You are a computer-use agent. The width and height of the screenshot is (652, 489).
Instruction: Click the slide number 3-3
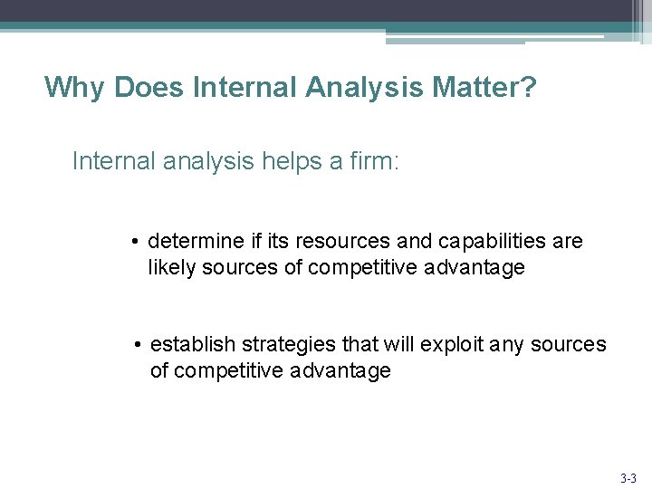pyautogui.click(x=628, y=477)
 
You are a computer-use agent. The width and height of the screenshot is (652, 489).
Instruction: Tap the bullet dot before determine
pyautogui.click(x=133, y=243)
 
